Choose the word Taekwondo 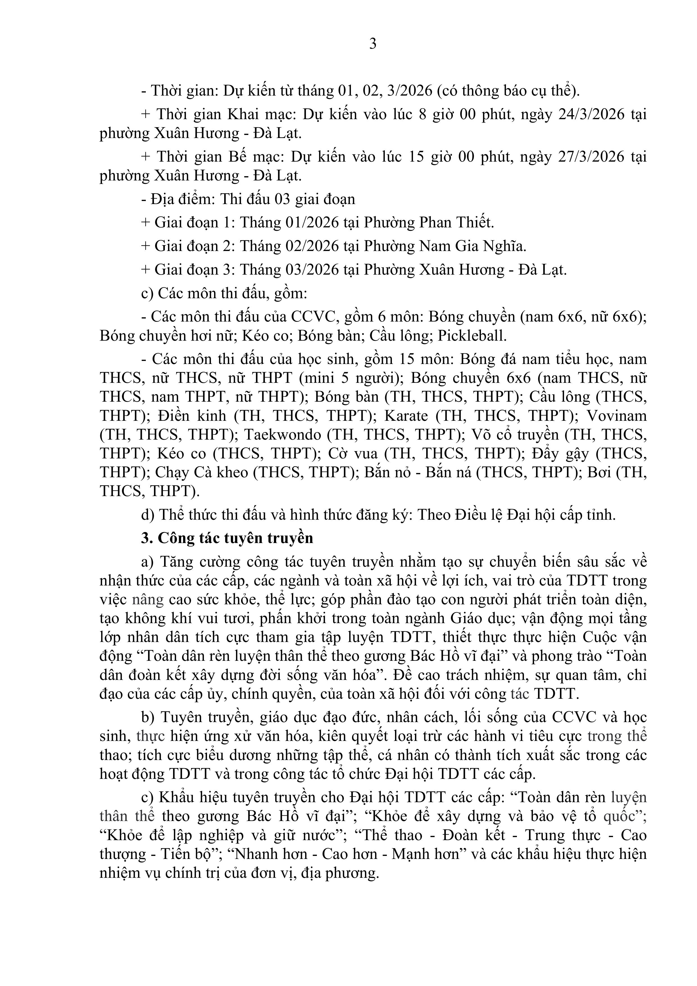click(x=282, y=435)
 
